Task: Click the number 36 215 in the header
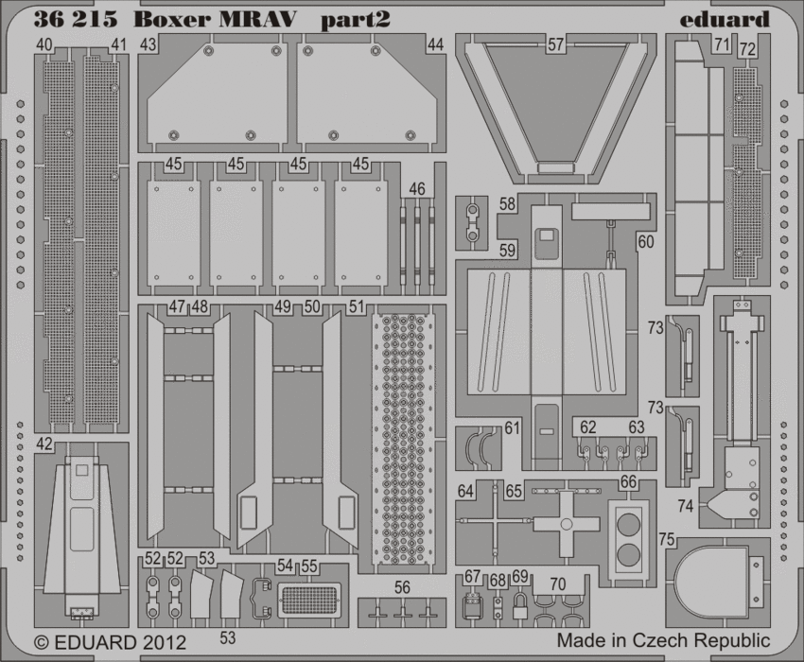75,18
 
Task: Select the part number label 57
555,44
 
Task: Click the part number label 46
417,189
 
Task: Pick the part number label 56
403,587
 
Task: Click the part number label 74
685,507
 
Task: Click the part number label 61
512,428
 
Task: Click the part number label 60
645,241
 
